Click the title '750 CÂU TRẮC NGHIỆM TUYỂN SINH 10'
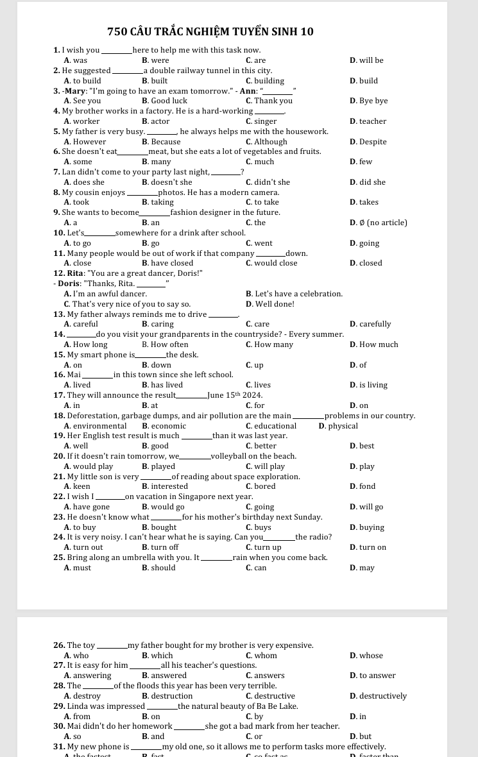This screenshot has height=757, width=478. point(210,31)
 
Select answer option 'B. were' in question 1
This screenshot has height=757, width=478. point(155,60)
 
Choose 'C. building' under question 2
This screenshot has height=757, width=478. point(264,81)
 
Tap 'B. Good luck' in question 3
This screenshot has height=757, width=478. point(164,101)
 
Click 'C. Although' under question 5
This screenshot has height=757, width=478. point(266,142)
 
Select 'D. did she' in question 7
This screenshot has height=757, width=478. point(368,182)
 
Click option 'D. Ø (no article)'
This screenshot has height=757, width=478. point(378,223)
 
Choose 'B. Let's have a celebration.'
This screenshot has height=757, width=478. point(294,294)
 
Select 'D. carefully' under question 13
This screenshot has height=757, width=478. point(370,324)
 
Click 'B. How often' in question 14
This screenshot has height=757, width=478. point(165,344)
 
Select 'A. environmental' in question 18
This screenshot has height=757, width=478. point(95,426)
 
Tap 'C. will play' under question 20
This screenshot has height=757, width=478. point(265,466)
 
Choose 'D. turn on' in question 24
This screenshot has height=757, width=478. point(368,547)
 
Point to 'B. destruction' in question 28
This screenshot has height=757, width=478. point(167,696)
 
